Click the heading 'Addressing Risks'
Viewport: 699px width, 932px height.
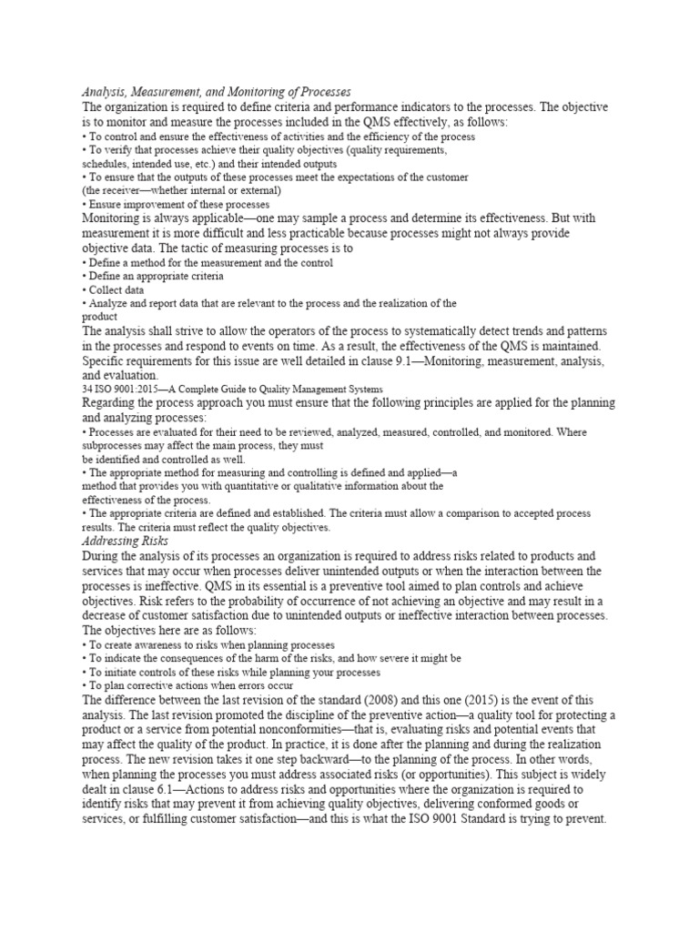point(124,542)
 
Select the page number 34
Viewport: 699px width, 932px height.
point(87,388)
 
